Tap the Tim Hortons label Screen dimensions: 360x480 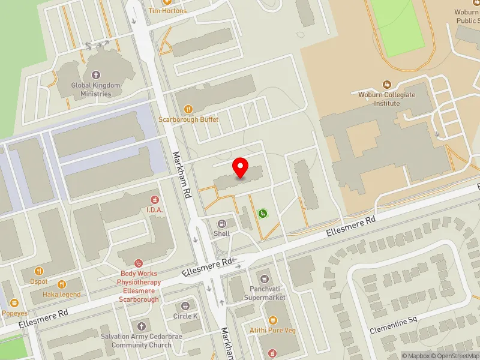[x=167, y=11]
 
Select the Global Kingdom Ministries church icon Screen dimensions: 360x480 [x=95, y=75]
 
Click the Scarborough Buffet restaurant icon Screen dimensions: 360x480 [x=188, y=109]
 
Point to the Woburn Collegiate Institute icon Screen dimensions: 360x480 [x=387, y=85]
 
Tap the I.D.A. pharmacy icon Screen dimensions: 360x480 [x=155, y=199]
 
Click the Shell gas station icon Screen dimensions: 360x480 [x=221, y=223]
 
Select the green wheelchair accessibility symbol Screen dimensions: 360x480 [x=263, y=213]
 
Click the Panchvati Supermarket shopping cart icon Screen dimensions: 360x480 [x=264, y=278]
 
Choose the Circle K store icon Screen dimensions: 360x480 [x=185, y=306]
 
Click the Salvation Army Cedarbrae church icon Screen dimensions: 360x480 [x=141, y=326]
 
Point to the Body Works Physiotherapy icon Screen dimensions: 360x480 [x=139, y=263]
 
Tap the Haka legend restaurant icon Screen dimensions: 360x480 [x=61, y=284]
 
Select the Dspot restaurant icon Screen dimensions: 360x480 [x=40, y=271]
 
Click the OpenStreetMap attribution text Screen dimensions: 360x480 [x=454, y=356]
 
